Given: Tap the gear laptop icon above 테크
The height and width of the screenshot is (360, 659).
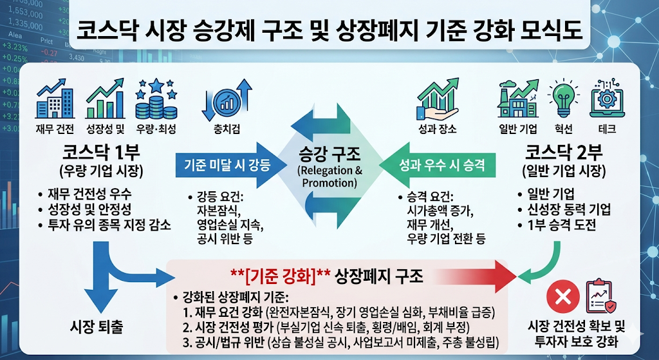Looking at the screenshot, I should click(x=606, y=99).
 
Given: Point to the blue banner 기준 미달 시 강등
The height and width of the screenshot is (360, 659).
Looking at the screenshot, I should click(x=223, y=164).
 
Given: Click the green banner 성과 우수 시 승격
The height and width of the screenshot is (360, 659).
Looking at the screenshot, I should click(x=441, y=164).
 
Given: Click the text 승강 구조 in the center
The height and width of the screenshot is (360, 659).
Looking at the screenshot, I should click(x=330, y=154).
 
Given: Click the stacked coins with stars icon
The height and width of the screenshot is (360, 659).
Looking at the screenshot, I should click(x=154, y=99).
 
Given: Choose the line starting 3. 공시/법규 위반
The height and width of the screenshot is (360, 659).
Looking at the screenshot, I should click(x=341, y=341).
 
